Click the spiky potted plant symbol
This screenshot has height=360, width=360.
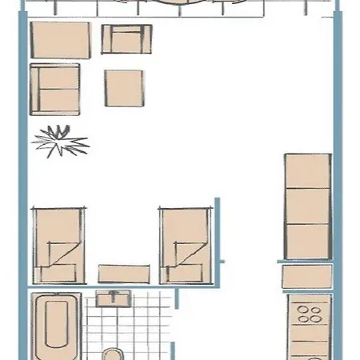(58, 142)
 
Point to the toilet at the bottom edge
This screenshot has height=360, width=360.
(113, 354)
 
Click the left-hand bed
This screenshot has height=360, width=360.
(58, 245)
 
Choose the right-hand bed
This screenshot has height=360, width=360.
(185, 245)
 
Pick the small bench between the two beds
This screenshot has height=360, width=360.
(123, 273)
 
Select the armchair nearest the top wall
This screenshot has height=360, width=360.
(127, 38)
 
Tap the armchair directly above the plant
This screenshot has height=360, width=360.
(55, 90)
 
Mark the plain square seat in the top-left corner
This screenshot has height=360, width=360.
(60, 39)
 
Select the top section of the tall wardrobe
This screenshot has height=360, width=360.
(307, 171)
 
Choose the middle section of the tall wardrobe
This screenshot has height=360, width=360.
(307, 206)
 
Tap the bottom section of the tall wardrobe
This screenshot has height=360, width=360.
(307, 242)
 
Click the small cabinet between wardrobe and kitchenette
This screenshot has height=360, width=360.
(307, 277)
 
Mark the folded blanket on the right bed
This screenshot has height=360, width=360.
(189, 258)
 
